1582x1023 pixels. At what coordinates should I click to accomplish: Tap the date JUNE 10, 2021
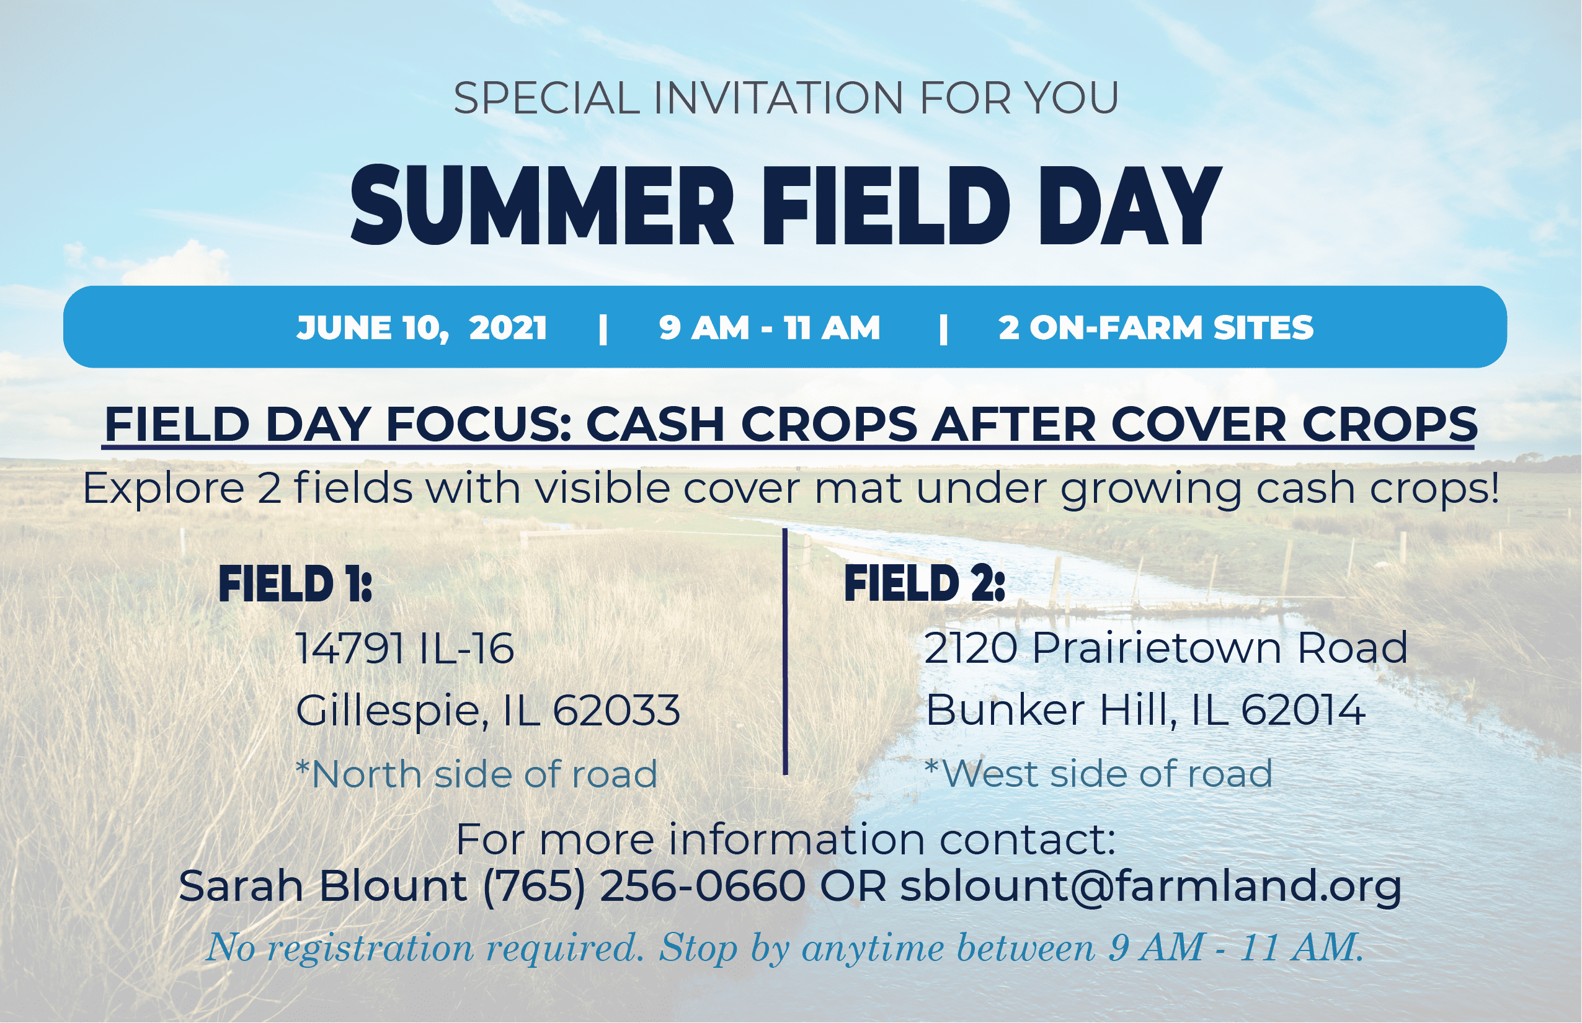point(422,328)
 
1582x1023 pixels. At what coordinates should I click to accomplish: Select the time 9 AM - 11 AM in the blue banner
point(770,328)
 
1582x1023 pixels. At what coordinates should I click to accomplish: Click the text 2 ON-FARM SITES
point(1155,328)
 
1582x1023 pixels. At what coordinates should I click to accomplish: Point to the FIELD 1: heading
point(295,584)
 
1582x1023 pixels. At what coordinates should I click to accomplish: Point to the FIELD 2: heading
point(924,583)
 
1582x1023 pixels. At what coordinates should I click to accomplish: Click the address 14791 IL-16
point(404,649)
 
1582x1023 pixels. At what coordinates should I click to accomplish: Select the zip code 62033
point(616,710)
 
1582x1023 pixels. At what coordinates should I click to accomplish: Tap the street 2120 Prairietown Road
point(1165,648)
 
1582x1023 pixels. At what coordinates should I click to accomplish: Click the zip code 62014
point(1303,710)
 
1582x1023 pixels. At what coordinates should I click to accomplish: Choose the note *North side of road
point(476,774)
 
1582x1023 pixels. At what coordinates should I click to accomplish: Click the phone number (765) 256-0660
point(644,887)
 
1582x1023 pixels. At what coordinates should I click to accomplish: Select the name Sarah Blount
point(323,886)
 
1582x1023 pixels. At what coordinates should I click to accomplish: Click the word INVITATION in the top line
point(778,99)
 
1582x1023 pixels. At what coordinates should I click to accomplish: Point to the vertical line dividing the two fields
point(785,652)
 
